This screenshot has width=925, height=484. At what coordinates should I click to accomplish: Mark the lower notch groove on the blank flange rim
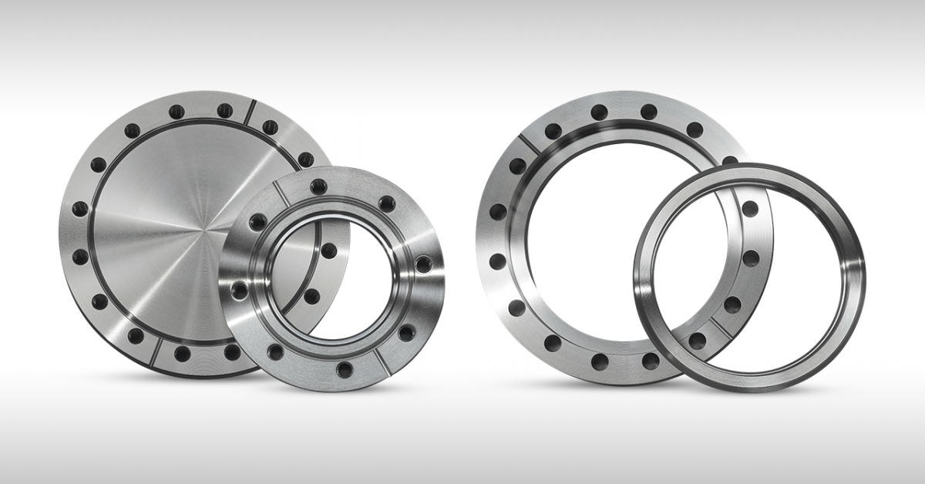click(156, 351)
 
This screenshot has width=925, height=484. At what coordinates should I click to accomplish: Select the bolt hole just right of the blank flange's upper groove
click(270, 127)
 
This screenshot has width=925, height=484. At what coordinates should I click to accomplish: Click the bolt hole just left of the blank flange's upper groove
click(224, 111)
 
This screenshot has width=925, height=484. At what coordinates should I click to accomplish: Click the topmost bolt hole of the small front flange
click(318, 186)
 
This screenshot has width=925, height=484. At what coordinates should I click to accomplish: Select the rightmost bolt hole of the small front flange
click(423, 264)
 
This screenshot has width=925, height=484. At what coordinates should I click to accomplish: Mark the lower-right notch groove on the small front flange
click(382, 361)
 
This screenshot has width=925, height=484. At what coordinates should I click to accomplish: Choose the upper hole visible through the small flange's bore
click(328, 250)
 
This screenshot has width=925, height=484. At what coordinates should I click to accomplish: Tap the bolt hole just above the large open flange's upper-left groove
click(553, 131)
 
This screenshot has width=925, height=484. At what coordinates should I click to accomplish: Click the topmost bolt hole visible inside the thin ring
click(749, 209)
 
